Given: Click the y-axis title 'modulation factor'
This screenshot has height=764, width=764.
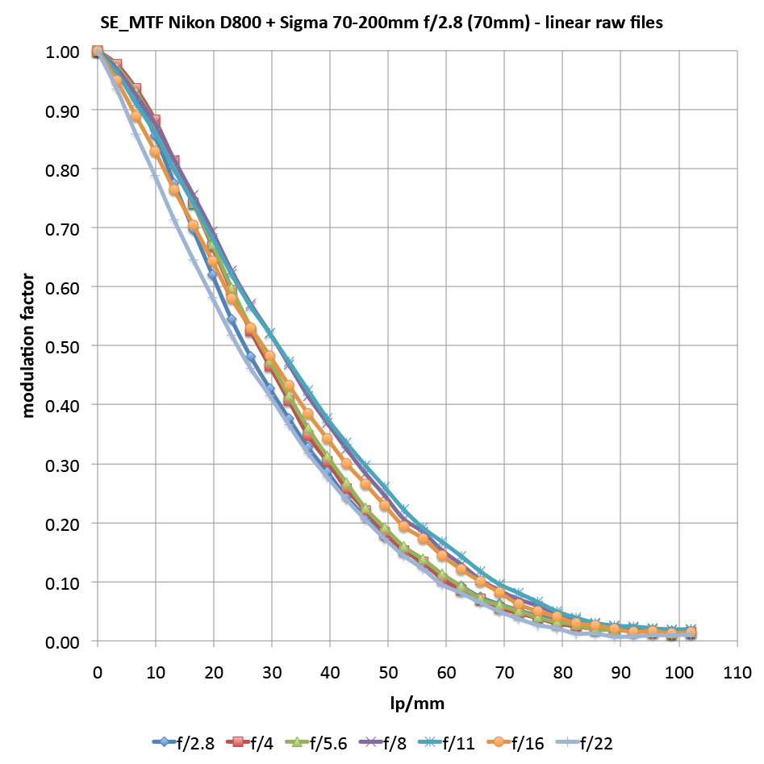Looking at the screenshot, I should click(x=29, y=345).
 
